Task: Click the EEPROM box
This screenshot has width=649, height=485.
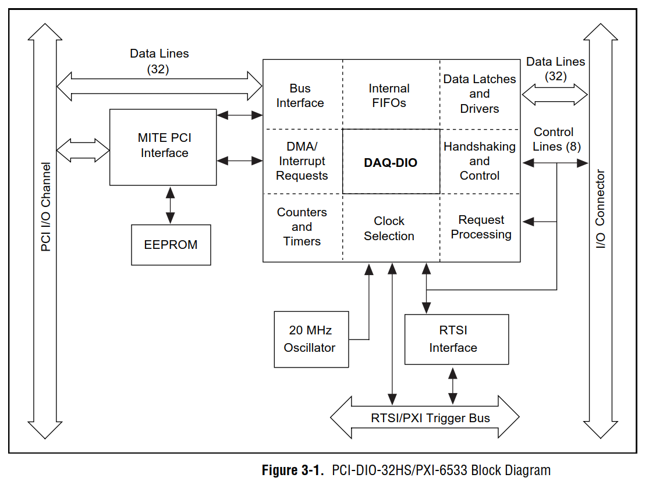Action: pos(171,245)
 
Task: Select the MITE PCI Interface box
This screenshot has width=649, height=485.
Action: pos(164,146)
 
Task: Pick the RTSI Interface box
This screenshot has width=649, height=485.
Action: pos(456,339)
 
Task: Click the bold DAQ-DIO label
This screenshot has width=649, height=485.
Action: pos(391,163)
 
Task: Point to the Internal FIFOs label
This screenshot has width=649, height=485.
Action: pos(389,95)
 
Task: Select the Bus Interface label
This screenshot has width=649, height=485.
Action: pos(300,95)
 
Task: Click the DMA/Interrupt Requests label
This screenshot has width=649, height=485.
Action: pos(302,161)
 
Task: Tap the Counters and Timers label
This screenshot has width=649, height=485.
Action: pos(302,227)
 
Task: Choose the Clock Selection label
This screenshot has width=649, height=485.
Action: pos(389,229)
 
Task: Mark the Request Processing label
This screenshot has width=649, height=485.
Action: pos(481,227)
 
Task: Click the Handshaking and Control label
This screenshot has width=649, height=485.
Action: pos(480,161)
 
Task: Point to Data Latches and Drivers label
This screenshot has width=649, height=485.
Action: pos(480,94)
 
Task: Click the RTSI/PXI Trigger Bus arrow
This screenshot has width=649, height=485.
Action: pos(424,418)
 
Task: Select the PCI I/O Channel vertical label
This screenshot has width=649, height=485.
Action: pos(45,207)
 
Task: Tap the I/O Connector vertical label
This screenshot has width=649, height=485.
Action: pos(601,209)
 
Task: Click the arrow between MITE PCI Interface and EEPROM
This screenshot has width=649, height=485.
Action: pos(170,205)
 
